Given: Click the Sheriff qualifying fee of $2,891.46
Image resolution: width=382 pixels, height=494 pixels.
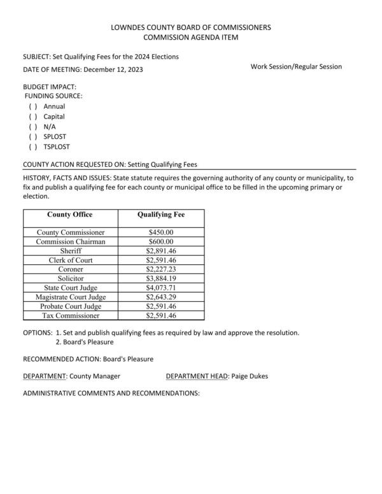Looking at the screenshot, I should pos(160,251).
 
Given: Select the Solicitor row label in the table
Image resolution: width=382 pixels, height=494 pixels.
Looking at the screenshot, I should pos(71,278).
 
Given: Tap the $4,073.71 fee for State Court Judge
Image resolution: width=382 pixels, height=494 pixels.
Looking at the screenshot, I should pos(160,288).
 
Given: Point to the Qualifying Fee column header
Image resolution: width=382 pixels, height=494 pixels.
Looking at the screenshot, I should pos(160,215).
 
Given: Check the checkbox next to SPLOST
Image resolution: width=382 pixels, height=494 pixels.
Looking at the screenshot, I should pos(32,136).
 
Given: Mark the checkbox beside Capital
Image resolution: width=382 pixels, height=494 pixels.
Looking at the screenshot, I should pos(32,116).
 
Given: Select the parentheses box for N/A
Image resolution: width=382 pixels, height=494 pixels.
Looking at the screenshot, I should pos(32,127).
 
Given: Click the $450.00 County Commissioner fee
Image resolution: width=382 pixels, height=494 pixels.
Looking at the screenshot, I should pos(160,232).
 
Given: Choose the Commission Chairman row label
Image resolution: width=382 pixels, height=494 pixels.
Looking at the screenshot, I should pos(71,242).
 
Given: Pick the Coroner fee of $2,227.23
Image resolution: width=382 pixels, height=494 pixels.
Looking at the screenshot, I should pos(160,269).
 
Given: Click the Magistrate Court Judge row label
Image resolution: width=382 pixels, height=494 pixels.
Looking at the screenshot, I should pos(71,297).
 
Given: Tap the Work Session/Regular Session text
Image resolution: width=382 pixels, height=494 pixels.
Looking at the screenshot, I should pos(296,66).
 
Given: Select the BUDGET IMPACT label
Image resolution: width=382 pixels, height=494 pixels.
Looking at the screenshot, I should pos(50,86).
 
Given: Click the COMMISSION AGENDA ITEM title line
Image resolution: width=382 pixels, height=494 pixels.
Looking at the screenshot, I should pos(191,38).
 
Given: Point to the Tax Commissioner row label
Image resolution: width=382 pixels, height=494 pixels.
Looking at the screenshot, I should pos(71,315).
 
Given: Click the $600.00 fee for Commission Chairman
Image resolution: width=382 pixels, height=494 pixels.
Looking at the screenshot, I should pos(160,242).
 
